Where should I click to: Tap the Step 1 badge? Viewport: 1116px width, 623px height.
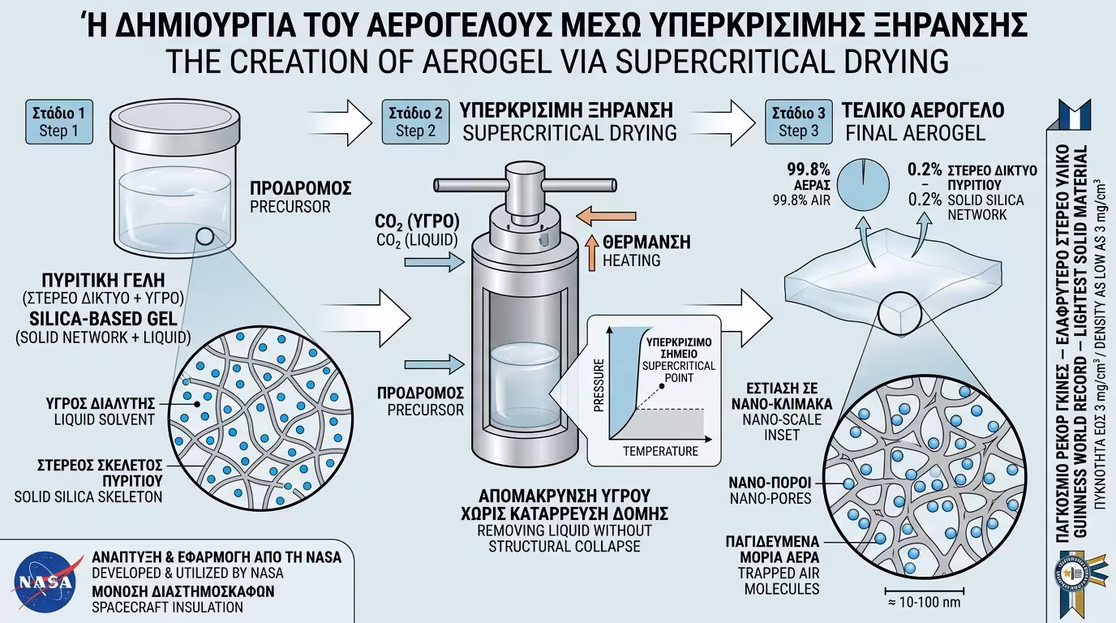pos(59,121)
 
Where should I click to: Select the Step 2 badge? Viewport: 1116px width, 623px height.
pos(415,121)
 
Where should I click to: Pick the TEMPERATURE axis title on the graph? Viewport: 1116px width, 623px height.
pos(659,451)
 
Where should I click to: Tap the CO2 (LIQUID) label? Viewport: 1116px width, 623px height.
pos(416,241)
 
